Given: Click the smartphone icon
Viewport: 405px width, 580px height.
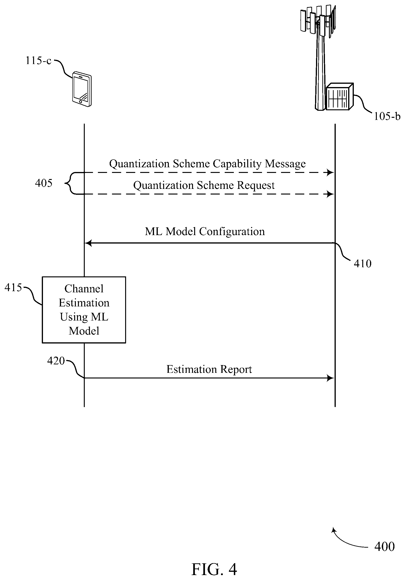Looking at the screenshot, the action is pos(82,89).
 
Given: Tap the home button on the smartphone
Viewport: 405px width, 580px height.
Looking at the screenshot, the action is pos(80,102).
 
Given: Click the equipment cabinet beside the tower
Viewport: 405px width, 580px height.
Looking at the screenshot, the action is pos(339,96).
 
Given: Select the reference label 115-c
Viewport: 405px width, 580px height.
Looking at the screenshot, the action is pos(39,61).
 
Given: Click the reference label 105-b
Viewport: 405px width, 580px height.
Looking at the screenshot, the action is pos(387,116).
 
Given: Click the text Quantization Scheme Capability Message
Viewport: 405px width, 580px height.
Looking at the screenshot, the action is pos(207,164).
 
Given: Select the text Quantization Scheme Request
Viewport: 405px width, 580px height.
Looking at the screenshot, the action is pos(204,185).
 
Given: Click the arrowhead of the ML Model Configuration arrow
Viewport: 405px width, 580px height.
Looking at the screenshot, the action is pos(88,243).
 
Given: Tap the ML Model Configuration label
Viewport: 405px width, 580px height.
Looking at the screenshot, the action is pos(205,231).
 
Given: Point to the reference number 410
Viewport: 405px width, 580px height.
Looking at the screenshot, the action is pos(363,263).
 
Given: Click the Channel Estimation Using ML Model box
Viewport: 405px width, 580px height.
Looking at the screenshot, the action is pos(84,310).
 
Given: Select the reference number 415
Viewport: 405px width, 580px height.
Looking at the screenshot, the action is pos(13,287).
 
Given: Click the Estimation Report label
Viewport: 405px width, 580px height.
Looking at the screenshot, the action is pos(209,369).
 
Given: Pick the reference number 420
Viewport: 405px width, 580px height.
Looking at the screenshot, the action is pos(56,361).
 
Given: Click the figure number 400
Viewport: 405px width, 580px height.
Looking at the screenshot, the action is pos(384,546).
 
